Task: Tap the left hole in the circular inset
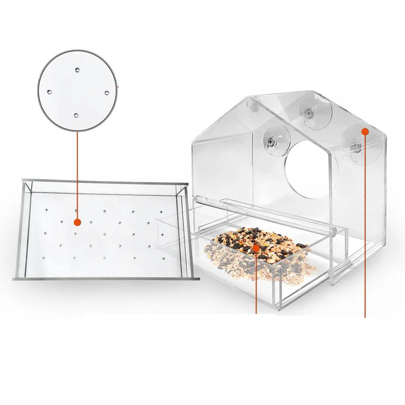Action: coord(49,92)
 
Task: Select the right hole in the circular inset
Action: coord(107,93)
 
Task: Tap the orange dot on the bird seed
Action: coord(256,247)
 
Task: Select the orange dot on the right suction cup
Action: coord(364,131)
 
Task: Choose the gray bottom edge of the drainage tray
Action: coord(105,279)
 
